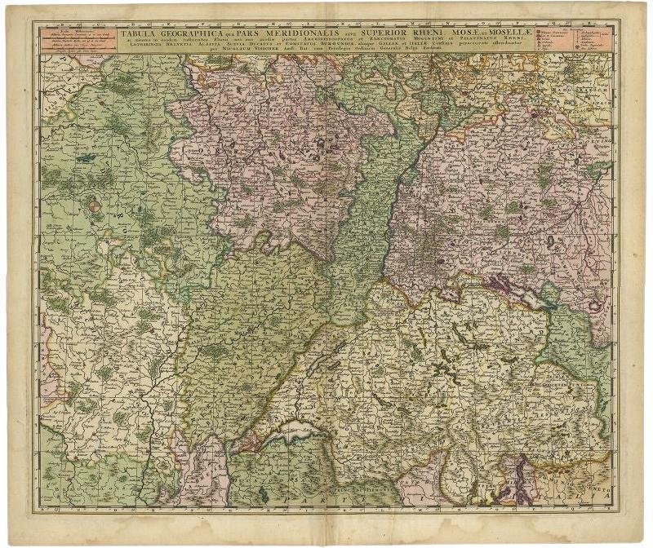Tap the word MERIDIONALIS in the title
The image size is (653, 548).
280,34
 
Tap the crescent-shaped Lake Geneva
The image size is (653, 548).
286,437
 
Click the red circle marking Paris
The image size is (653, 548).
95,207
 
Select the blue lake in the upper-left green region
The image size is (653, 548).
86,157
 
